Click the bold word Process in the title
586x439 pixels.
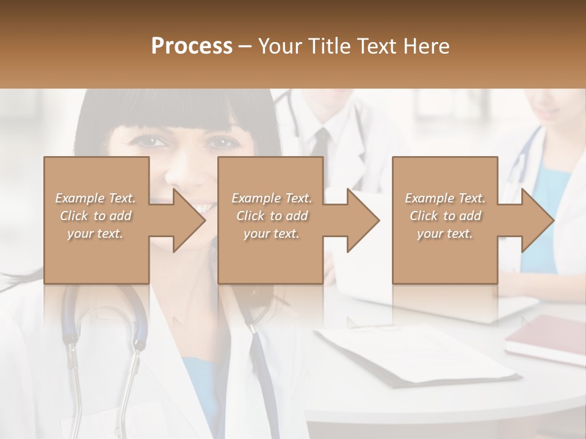click(192, 46)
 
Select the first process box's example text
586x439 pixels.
click(96, 216)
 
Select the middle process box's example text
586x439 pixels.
click(272, 216)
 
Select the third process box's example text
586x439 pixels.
click(445, 216)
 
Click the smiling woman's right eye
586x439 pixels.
click(222, 143)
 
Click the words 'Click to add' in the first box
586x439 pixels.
click(96, 216)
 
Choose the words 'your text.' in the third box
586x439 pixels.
click(445, 234)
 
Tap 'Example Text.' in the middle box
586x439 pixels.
click(272, 198)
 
